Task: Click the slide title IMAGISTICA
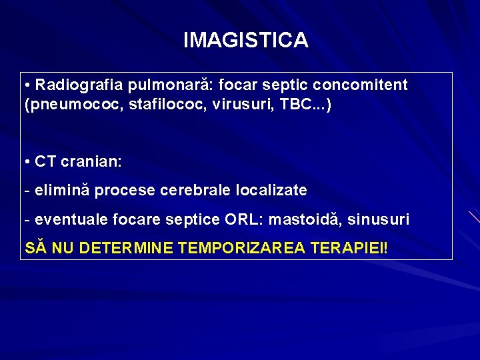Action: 245,41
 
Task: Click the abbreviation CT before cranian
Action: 46,161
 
